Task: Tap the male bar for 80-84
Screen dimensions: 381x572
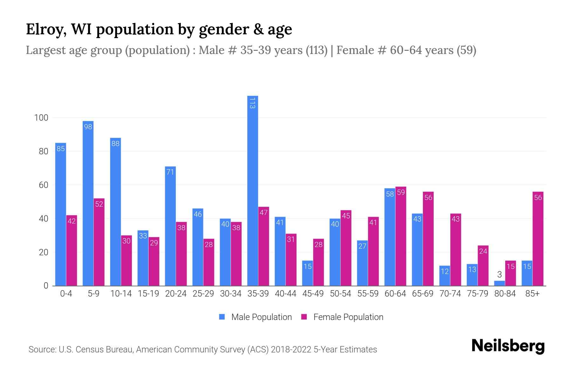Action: tap(499, 283)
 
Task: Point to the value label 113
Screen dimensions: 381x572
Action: tap(253, 103)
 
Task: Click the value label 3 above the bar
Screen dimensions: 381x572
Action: tap(499, 275)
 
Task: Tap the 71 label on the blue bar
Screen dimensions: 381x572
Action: tap(170, 172)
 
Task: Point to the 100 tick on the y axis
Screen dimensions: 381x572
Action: tap(41, 118)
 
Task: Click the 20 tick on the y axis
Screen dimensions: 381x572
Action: tap(43, 252)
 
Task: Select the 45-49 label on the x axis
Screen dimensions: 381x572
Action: tap(313, 294)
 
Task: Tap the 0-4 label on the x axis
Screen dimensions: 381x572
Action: tap(66, 294)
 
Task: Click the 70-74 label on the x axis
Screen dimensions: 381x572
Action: tap(450, 294)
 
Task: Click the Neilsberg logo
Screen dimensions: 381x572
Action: tap(508, 346)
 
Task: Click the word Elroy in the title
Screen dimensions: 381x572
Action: tap(46, 30)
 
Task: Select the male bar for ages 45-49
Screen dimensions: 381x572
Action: tap(307, 274)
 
